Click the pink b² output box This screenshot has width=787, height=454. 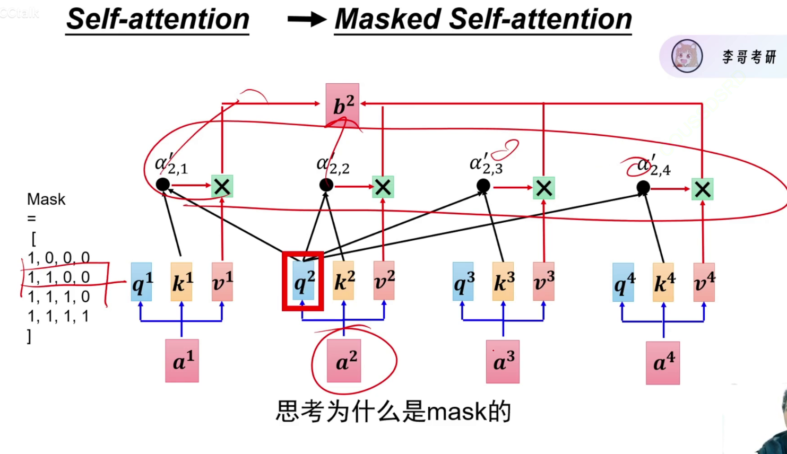point(342,104)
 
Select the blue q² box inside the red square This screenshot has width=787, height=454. point(304,281)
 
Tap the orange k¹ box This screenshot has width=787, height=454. point(181,282)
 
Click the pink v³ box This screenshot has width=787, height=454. point(543,281)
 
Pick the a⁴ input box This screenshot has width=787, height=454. point(663,363)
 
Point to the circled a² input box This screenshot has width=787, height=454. point(343,361)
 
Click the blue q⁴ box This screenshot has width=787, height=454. point(623,282)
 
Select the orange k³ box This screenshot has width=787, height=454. point(503,281)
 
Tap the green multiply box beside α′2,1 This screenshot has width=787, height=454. point(222,186)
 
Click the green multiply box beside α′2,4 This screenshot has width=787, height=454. point(702,189)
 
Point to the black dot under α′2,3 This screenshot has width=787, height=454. point(483,186)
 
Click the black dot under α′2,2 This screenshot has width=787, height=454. point(326,185)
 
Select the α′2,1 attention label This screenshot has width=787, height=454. point(171,164)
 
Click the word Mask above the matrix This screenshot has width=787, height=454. point(46,199)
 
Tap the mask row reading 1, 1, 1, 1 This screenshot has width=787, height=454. point(58,316)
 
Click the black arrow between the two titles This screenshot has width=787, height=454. point(307,19)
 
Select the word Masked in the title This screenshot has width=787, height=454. point(388,19)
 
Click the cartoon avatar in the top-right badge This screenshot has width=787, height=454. point(687,56)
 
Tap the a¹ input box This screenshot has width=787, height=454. point(182,361)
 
